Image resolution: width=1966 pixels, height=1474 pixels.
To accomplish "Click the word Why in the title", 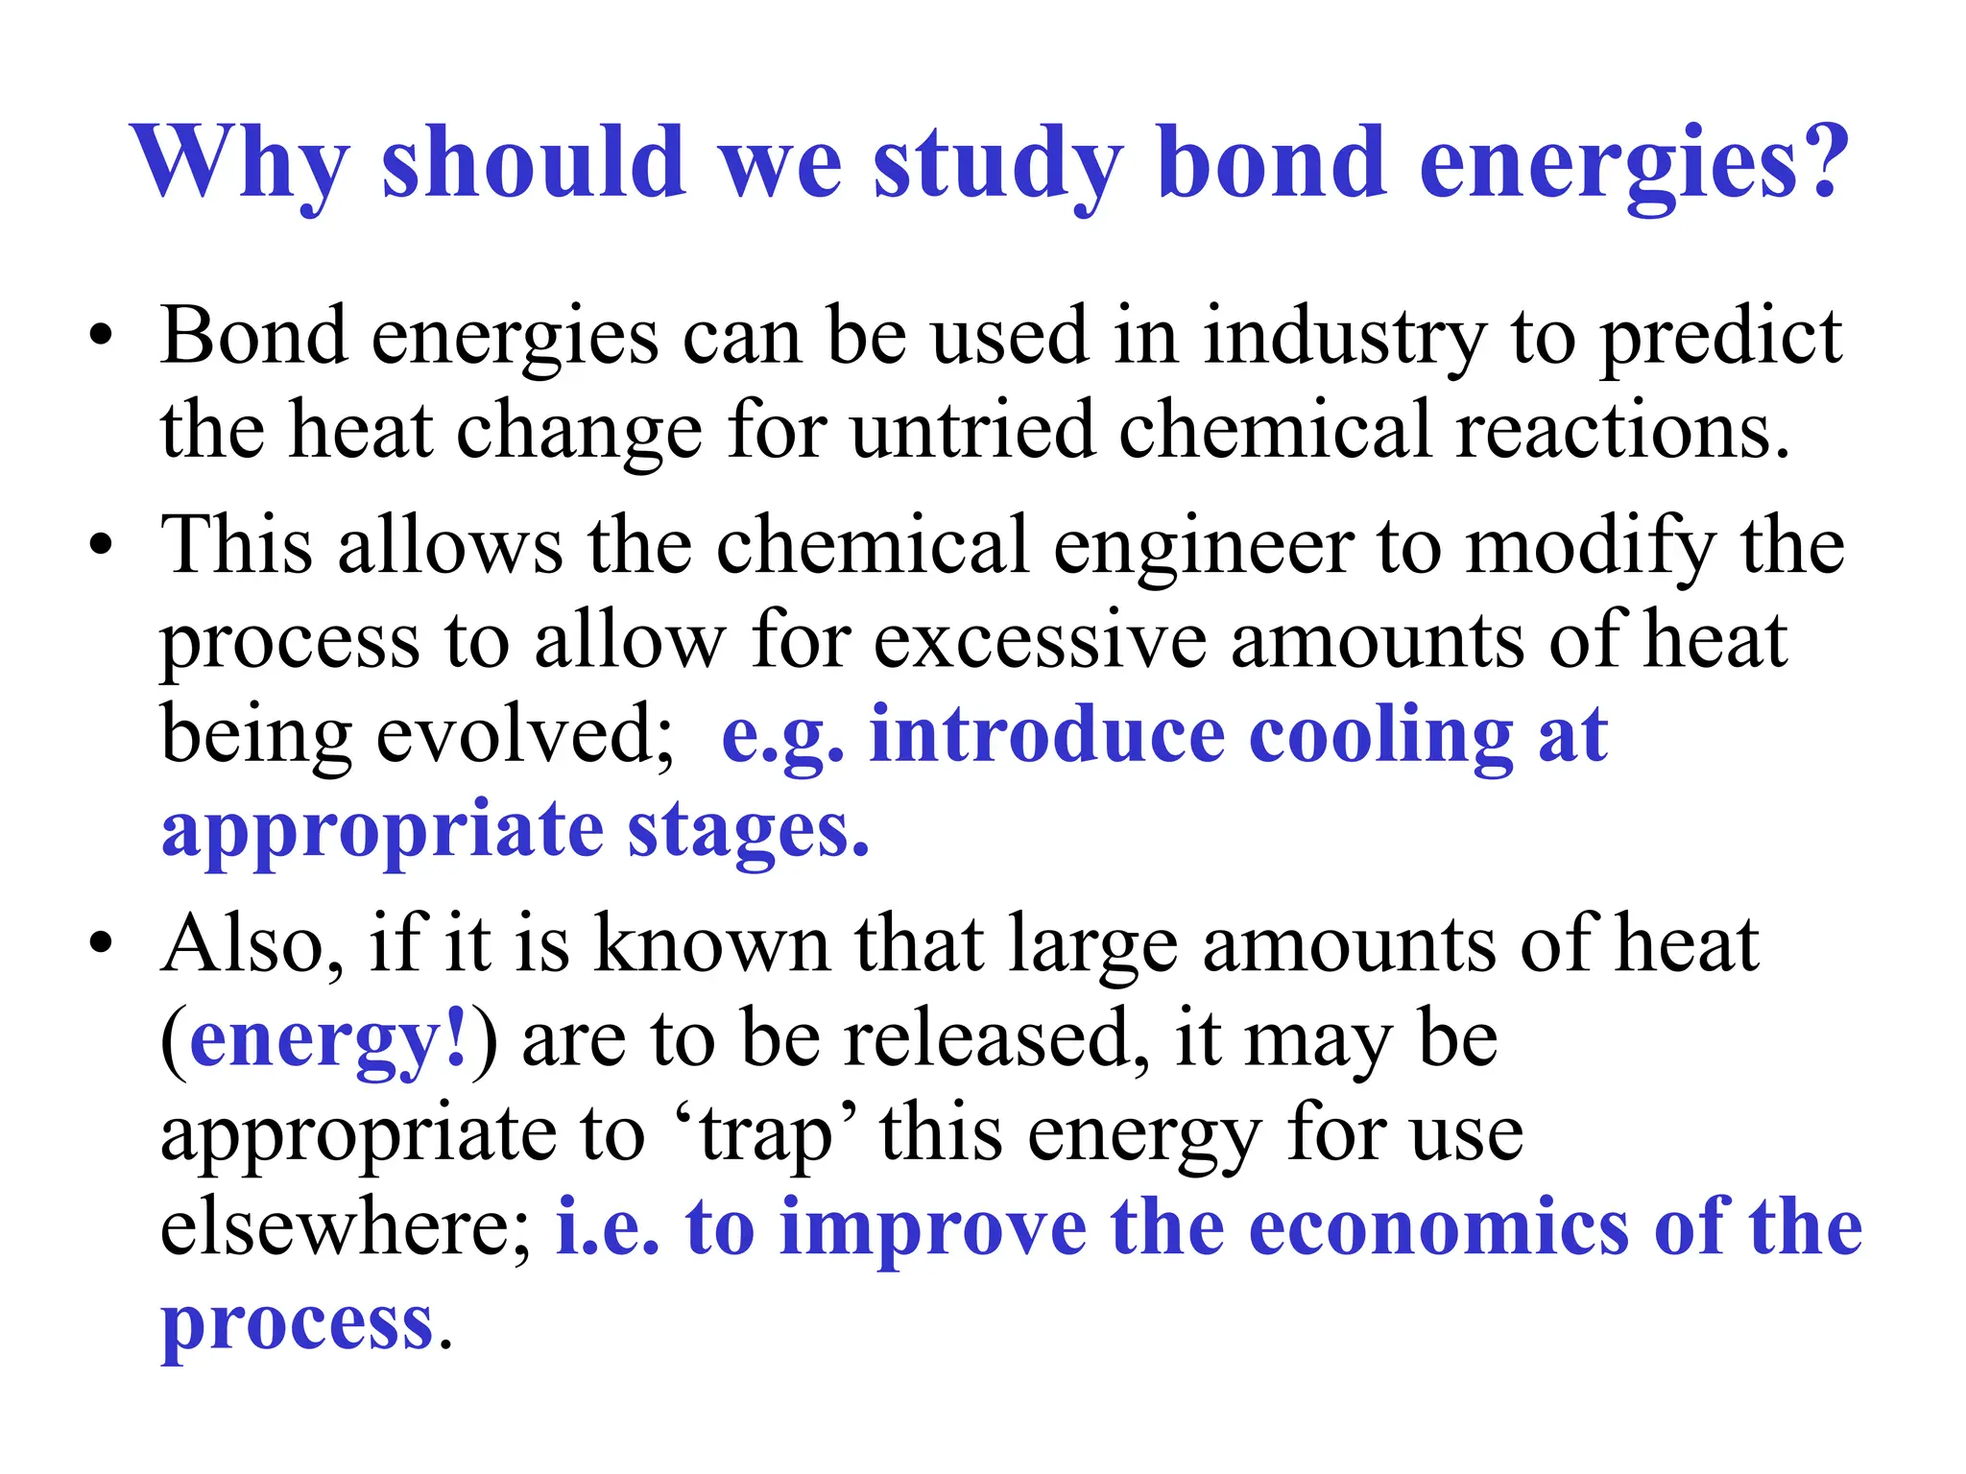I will [240, 163].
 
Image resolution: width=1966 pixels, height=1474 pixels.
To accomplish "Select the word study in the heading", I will [998, 163].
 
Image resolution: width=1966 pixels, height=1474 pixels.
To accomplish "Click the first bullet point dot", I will [101, 338].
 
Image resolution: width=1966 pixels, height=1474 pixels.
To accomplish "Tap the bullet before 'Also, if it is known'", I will [101, 945].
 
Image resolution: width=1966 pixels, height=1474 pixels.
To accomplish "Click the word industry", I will [1345, 338].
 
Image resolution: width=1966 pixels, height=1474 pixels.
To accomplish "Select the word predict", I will [1723, 338].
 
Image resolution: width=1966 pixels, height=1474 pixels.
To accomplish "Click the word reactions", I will [1622, 432].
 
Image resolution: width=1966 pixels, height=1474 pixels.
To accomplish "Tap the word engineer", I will [1204, 547].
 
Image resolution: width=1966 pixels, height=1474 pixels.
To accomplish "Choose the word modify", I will [1590, 547].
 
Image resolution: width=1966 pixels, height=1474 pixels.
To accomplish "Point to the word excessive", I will [1040, 641].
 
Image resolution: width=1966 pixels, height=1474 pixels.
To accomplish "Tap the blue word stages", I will [749, 831].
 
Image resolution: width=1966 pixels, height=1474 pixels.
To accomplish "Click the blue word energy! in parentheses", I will [328, 1040].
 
